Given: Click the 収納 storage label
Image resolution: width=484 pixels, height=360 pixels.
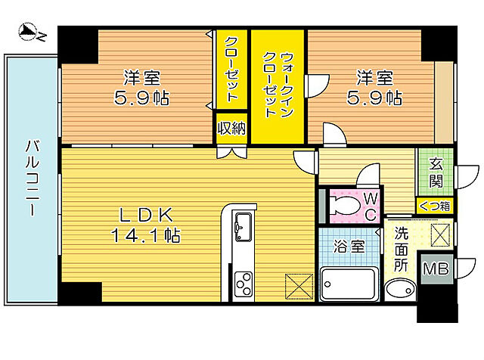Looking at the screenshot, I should click(231, 128).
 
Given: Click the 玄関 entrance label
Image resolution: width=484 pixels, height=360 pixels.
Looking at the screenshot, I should click(437, 172).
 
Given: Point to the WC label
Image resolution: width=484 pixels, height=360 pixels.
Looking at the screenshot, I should click(371, 206).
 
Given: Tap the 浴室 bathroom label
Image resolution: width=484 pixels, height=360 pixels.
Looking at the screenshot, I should click(349, 247).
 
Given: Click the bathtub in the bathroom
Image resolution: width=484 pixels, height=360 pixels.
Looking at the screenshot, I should click(349, 284).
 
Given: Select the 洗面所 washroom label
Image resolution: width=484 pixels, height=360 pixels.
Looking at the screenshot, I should click(402, 249).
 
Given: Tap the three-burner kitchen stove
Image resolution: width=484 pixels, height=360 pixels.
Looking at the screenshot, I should click(244, 283).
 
